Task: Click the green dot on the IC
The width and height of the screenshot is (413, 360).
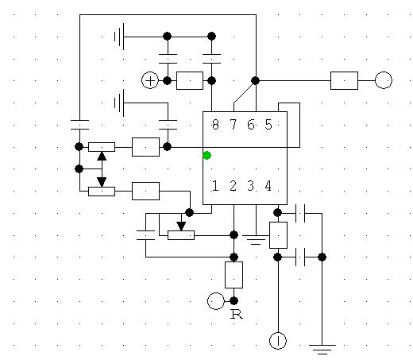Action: point(206,155)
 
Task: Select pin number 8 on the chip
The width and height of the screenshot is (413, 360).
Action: point(215,125)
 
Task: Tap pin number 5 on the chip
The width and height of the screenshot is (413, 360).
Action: point(268,125)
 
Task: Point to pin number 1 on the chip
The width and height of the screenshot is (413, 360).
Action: point(215,186)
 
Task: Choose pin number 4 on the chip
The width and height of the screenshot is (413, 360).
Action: point(268,186)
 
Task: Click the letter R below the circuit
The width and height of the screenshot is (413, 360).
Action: point(237,314)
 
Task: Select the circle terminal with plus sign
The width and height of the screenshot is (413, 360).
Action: point(150,80)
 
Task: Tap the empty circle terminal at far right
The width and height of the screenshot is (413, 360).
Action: point(384,80)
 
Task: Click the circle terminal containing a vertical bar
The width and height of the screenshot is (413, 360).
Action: point(278,341)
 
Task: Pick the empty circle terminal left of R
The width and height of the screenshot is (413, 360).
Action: point(216,301)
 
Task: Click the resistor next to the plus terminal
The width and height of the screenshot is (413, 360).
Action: point(190,80)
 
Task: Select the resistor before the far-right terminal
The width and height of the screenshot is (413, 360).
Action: point(344,80)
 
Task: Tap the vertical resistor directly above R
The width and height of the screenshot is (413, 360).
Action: point(234,275)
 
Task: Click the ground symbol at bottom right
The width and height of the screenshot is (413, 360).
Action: point(322,349)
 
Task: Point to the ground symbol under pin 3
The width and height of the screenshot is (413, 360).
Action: point(256,239)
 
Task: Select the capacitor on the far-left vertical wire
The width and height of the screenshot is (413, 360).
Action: point(79,125)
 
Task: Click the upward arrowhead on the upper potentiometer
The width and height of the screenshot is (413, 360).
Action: point(102,156)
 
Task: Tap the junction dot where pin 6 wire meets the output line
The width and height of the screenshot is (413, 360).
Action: point(255,80)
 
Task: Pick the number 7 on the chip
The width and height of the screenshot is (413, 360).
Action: point(233,125)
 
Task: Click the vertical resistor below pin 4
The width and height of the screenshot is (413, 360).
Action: point(278,235)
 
